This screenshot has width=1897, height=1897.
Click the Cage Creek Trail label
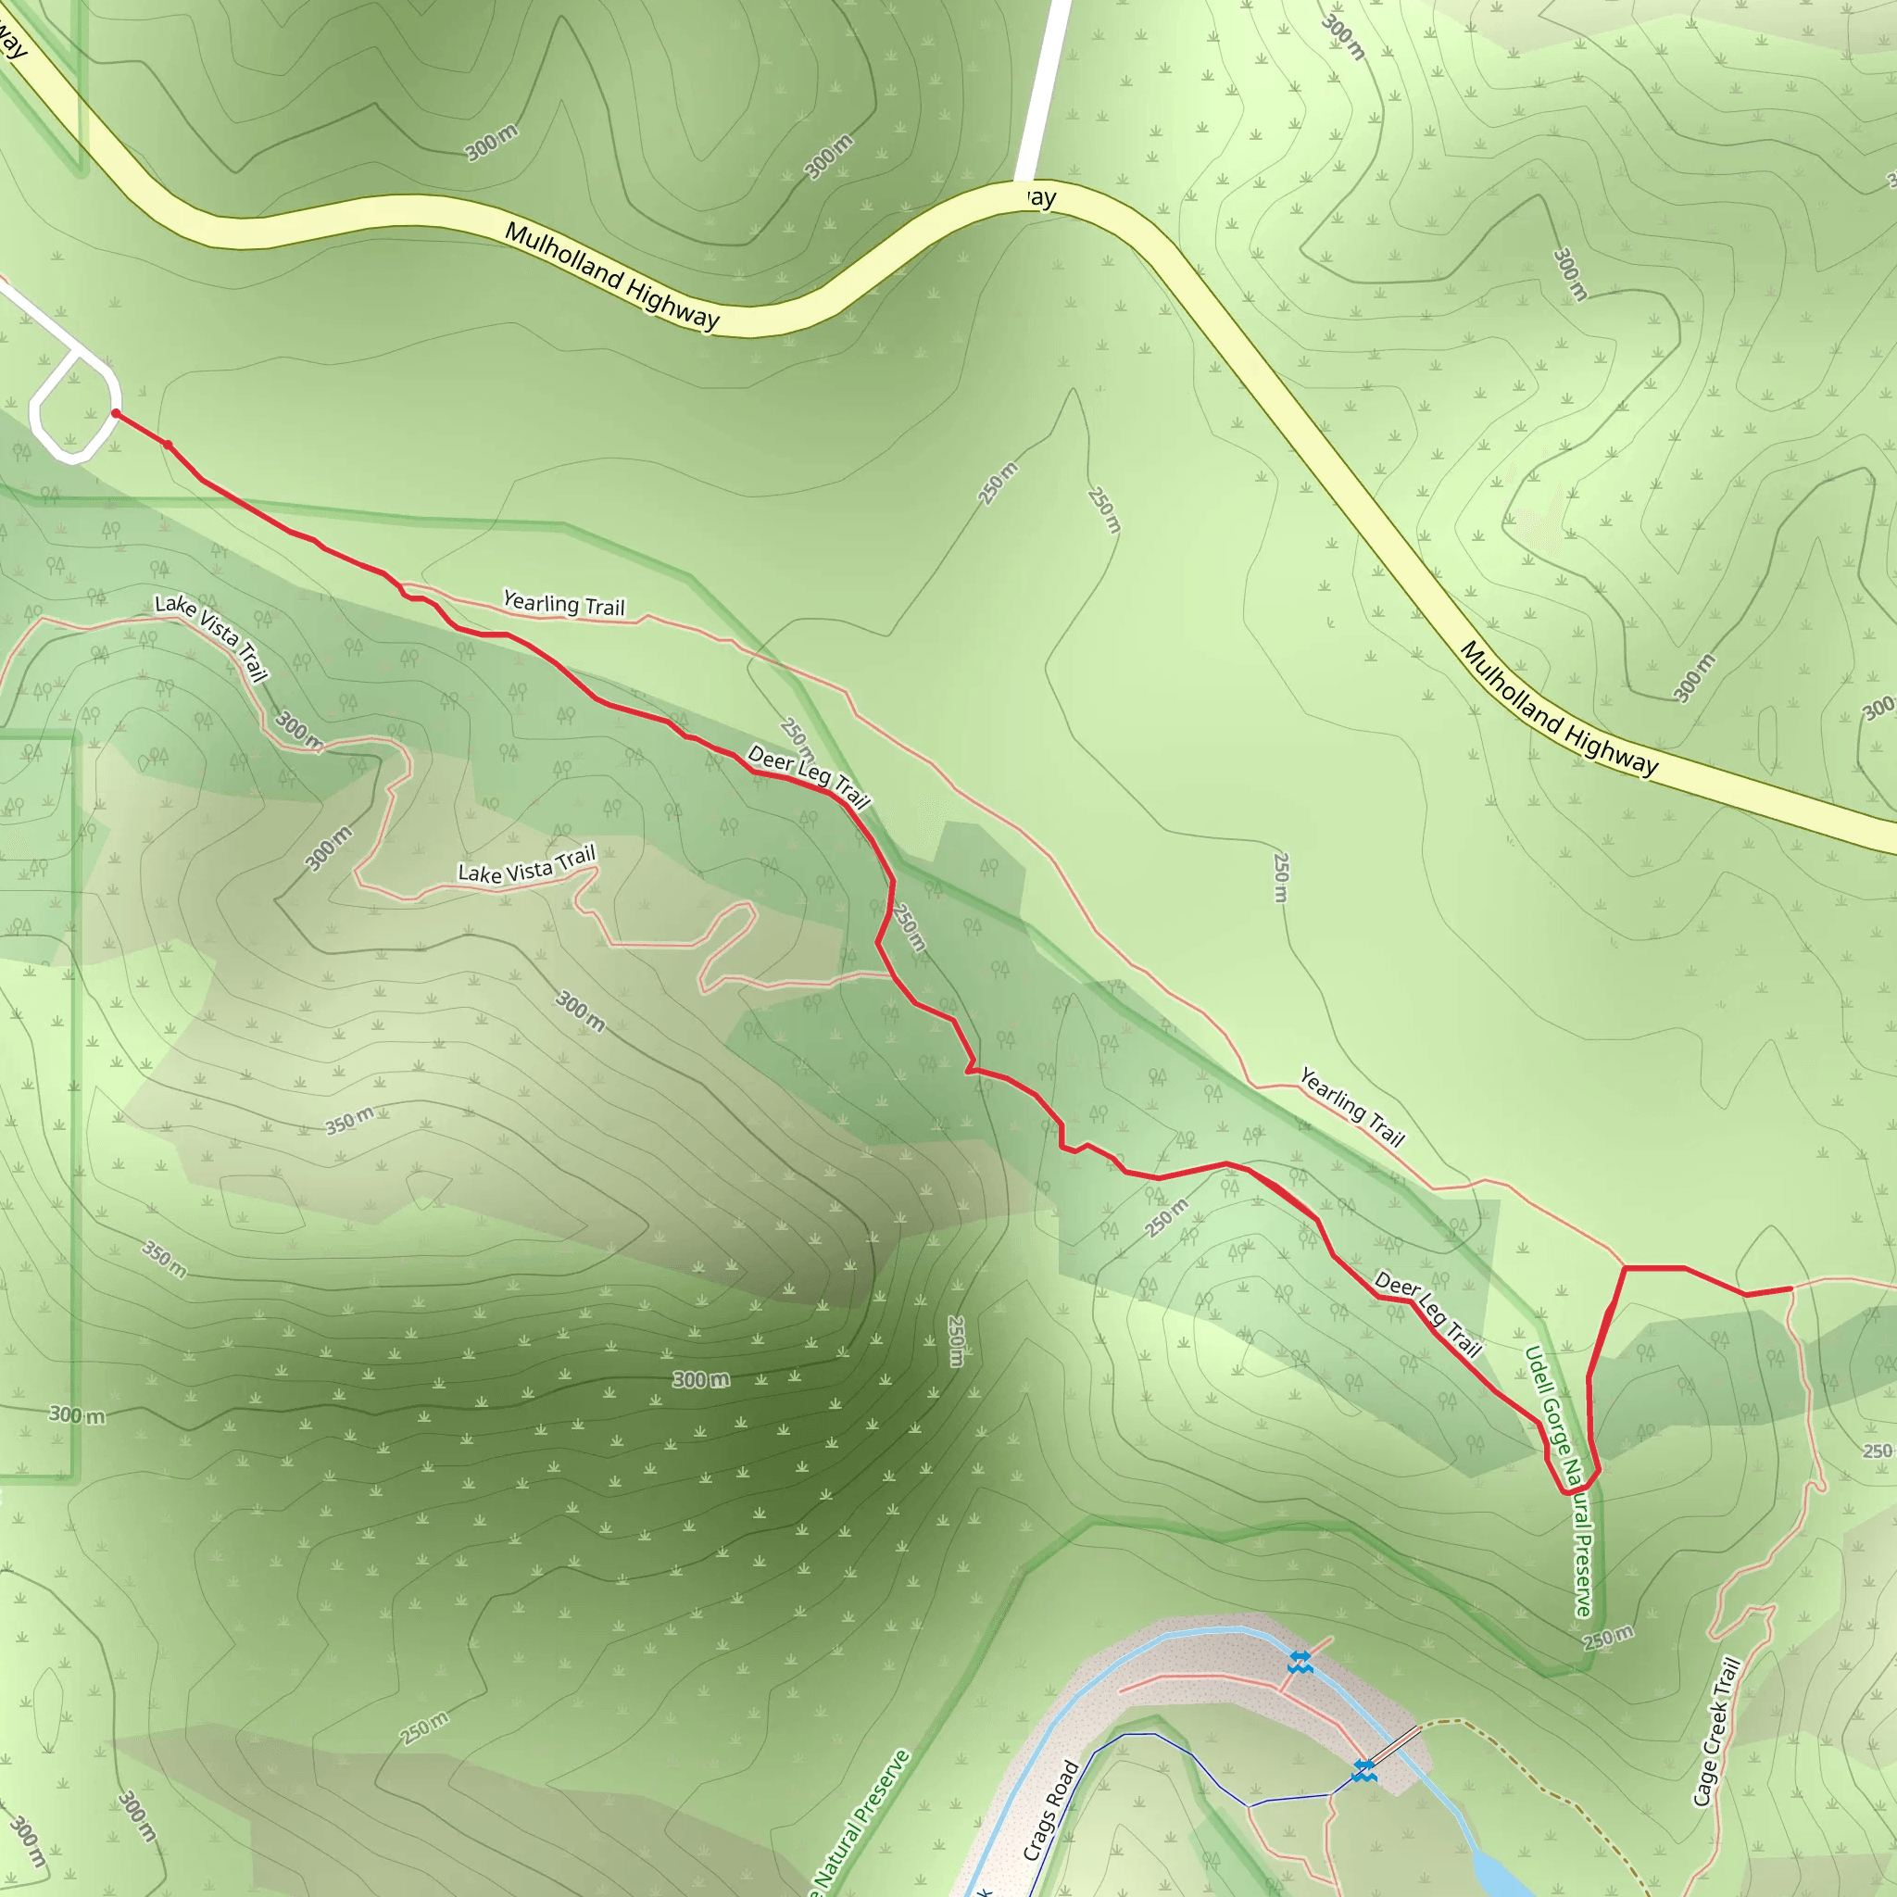click(1717, 1732)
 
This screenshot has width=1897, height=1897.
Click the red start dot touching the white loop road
click(116, 413)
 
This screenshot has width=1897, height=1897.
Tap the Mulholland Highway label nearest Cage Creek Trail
click(1558, 709)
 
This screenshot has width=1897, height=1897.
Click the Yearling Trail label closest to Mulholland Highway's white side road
click(563, 603)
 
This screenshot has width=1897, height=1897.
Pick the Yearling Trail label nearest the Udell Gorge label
click(1352, 1107)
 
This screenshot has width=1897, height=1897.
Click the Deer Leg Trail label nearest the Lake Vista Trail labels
click(808, 775)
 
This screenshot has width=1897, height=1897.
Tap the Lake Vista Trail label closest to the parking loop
click(212, 636)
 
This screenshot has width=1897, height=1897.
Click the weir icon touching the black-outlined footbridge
click(1363, 1770)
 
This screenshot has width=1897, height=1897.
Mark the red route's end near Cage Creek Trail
click(1791, 1288)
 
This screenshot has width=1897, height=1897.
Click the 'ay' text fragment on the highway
click(1041, 198)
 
